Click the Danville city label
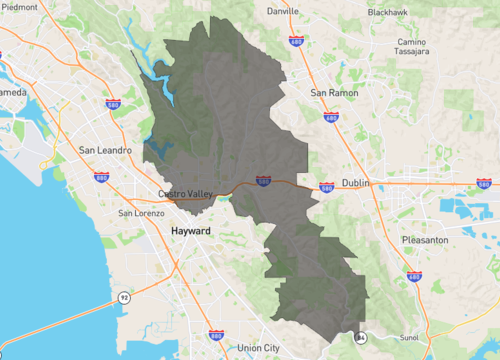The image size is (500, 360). [x=283, y=12]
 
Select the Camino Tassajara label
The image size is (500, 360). [x=412, y=47]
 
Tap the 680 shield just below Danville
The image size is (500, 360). [x=296, y=41]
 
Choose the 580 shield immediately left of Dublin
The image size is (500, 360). [x=327, y=187]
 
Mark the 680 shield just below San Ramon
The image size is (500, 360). [x=331, y=117]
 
